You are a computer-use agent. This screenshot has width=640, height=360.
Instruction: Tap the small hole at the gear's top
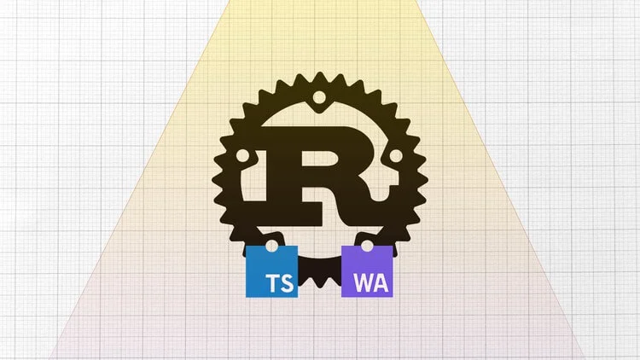319,97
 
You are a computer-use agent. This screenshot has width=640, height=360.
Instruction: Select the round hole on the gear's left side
243,155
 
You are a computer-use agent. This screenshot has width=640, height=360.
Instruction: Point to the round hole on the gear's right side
395,155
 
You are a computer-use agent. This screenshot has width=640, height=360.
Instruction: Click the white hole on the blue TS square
271,247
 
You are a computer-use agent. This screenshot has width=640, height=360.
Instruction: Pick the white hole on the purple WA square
367,247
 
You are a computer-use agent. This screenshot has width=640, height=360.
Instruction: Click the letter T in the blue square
272,283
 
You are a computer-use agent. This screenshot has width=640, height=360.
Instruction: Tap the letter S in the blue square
287,283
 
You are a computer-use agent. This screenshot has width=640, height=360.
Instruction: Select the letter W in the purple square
362,283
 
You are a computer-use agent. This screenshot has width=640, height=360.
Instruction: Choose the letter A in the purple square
380,283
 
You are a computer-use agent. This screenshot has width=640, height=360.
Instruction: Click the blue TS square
271,271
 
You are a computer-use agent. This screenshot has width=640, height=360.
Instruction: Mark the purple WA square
367,271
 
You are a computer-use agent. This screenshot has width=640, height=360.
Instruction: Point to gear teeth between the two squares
320,273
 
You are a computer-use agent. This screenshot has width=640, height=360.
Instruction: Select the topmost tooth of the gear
320,76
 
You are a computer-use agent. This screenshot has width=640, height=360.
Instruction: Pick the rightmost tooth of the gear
423,180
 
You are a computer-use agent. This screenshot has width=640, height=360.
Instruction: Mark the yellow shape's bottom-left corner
49,359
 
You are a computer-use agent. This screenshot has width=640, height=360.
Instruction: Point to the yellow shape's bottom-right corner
586,359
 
